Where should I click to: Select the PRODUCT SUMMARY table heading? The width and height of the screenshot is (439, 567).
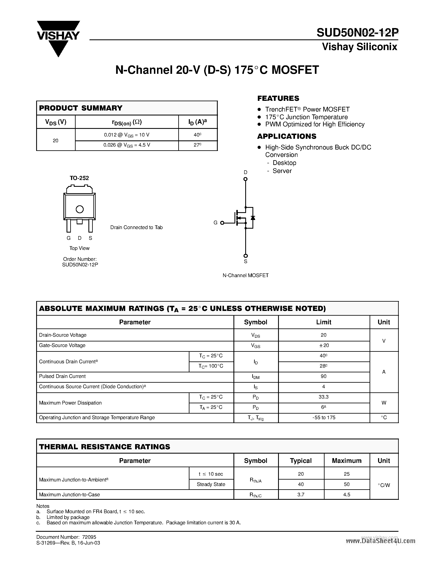click(81, 108)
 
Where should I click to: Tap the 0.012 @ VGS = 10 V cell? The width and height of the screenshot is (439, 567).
click(127, 135)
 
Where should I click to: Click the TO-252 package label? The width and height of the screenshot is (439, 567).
click(79, 178)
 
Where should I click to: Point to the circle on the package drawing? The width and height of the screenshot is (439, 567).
click(80, 209)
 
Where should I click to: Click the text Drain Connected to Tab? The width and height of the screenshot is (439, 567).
click(136, 227)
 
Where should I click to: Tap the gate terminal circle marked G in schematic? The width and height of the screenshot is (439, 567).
click(222, 223)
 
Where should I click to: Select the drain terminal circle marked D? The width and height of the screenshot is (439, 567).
click(245, 179)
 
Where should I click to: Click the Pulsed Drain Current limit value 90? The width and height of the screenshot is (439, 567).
click(324, 376)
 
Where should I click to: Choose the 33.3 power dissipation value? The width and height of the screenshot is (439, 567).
click(324, 397)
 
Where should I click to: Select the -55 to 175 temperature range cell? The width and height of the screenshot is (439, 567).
click(324, 418)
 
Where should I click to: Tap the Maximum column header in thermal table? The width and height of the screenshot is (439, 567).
click(346, 461)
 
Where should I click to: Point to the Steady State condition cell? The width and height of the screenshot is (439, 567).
click(211, 484)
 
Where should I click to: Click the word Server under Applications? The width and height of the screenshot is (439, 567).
click(282, 171)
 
